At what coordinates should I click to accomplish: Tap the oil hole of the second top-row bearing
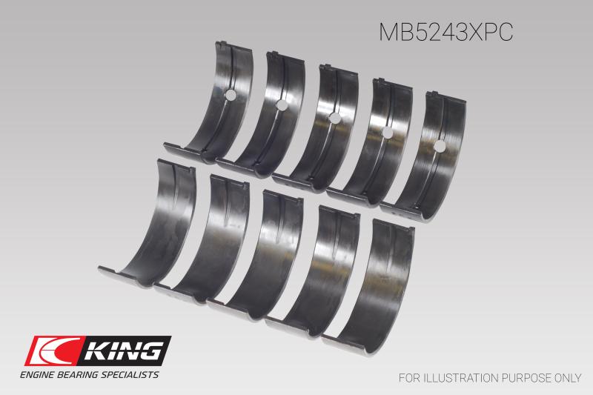[x=282, y=106]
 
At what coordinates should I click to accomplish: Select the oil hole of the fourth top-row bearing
[x=386, y=132]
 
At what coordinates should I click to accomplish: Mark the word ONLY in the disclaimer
[x=566, y=377]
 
